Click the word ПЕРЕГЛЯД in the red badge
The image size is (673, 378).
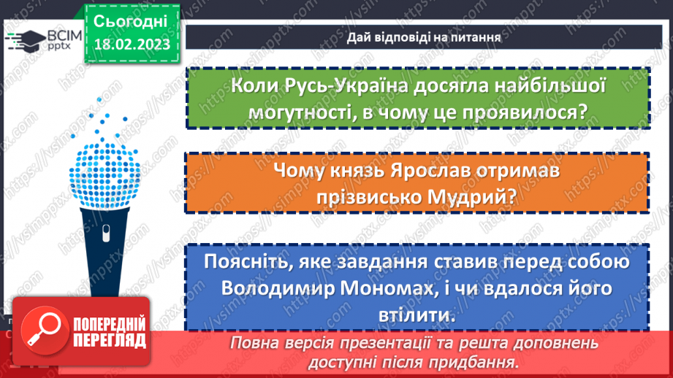(x=107, y=340)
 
